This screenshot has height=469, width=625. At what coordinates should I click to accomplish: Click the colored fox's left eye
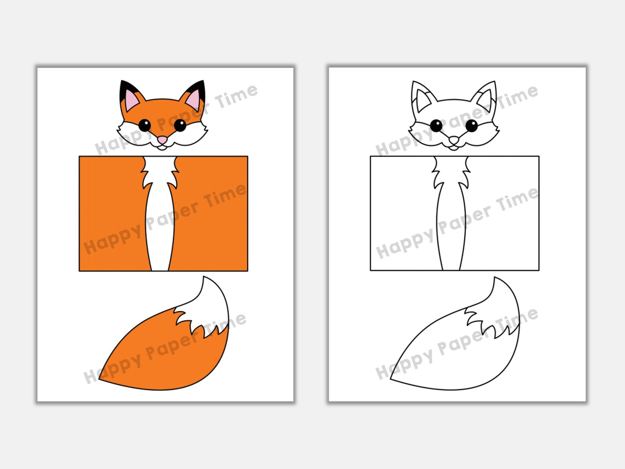(144, 125)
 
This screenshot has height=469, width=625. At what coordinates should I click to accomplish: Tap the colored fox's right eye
(180, 125)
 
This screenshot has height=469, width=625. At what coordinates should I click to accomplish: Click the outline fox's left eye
(436, 126)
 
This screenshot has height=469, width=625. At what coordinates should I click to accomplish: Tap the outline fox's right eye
(472, 126)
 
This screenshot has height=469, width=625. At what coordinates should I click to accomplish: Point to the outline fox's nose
(454, 140)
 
